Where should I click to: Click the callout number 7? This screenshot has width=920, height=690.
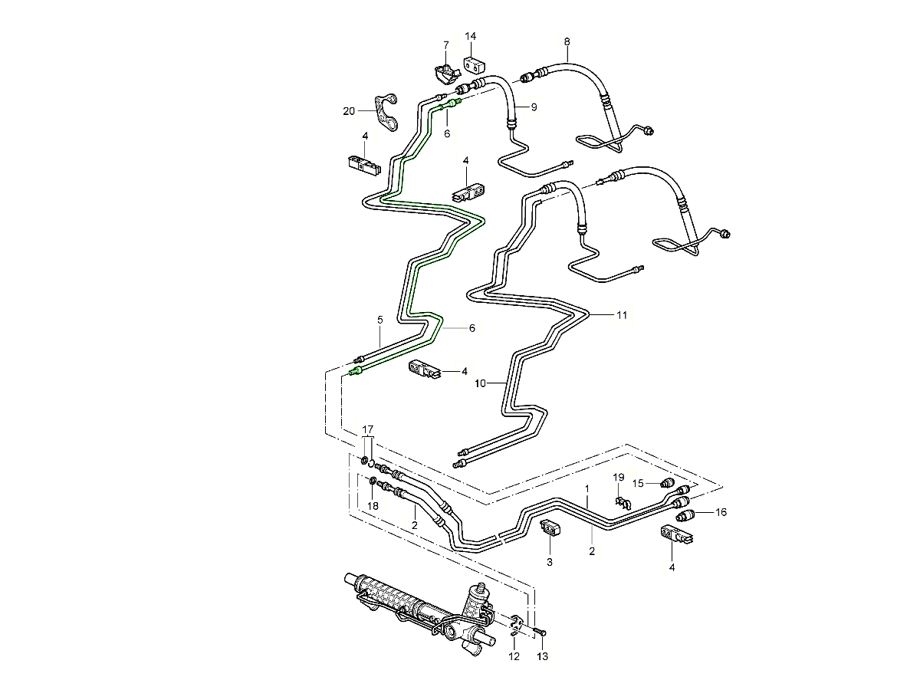pyautogui.click(x=446, y=45)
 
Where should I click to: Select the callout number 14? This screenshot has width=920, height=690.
pyautogui.click(x=470, y=36)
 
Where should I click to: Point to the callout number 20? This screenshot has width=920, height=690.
pyautogui.click(x=349, y=111)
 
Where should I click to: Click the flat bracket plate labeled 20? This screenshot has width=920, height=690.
pyautogui.click(x=388, y=113)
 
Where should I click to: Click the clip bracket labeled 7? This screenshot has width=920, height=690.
pyautogui.click(x=445, y=73)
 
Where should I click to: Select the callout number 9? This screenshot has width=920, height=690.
pyautogui.click(x=534, y=107)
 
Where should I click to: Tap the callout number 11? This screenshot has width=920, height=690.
pyautogui.click(x=621, y=314)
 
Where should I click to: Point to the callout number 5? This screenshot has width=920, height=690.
pyautogui.click(x=379, y=319)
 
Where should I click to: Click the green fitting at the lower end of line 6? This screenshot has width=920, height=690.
pyautogui.click(x=354, y=373)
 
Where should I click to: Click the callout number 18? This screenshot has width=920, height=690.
pyautogui.click(x=372, y=506)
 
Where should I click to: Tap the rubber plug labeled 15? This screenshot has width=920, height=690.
pyautogui.click(x=667, y=484)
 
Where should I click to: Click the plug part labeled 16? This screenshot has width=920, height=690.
pyautogui.click(x=687, y=514)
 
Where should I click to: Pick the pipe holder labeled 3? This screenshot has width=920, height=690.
pyautogui.click(x=550, y=529)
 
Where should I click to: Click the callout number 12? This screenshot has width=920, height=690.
pyautogui.click(x=514, y=657)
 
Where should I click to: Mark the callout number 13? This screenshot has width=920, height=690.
pyautogui.click(x=542, y=657)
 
